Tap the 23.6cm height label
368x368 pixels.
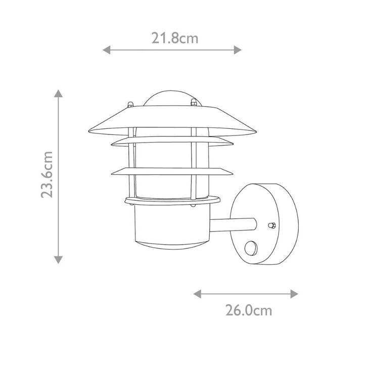[x=48, y=174]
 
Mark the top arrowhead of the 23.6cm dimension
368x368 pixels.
[x=59, y=94]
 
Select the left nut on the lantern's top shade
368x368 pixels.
[x=130, y=105]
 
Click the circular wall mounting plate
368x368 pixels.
[x=265, y=222]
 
